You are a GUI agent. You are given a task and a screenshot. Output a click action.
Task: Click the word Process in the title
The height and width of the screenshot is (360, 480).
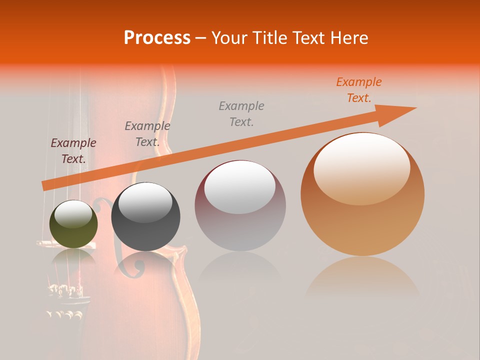[157, 37]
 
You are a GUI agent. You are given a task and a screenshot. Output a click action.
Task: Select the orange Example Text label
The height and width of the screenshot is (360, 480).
[359, 90]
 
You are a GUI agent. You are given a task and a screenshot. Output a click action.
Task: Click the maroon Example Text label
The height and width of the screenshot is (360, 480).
[73, 151]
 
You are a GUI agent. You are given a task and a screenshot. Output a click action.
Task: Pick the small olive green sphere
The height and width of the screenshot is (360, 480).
[73, 230]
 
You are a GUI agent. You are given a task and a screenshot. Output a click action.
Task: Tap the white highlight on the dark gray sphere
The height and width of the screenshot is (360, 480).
[145, 202]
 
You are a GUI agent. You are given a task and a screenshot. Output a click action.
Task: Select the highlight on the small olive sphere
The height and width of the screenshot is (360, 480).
[73, 213]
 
